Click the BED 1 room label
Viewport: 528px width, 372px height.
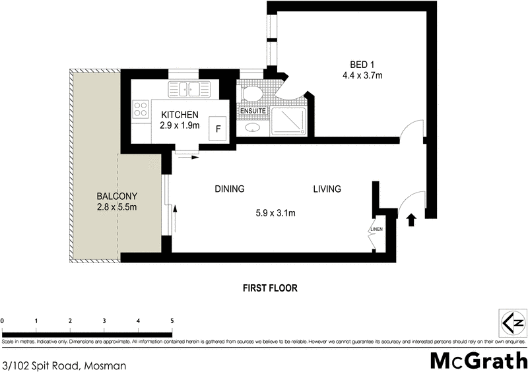pyautogui.click(x=362, y=65)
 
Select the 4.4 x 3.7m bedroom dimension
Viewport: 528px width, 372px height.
pyautogui.click(x=362, y=76)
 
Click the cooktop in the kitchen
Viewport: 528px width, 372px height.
pyautogui.click(x=140, y=109)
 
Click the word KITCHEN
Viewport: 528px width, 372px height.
pyautogui.click(x=179, y=115)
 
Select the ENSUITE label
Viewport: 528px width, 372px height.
pyautogui.click(x=253, y=111)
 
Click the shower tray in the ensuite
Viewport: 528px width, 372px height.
pyautogui.click(x=288, y=121)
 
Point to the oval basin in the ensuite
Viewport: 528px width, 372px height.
pyautogui.click(x=253, y=129)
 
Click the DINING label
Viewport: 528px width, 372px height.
pyautogui.click(x=229, y=189)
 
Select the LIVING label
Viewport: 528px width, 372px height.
pyautogui.click(x=327, y=189)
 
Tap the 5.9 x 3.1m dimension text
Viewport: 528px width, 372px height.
pyautogui.click(x=275, y=212)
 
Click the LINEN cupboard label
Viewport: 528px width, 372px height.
pyautogui.click(x=377, y=230)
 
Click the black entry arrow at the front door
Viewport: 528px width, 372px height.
pyautogui.click(x=411, y=219)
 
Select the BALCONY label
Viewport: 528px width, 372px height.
pyautogui.click(x=117, y=197)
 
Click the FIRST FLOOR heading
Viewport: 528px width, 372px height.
pyautogui.click(x=270, y=288)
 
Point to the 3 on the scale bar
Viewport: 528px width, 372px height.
pyautogui.click(x=104, y=321)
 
